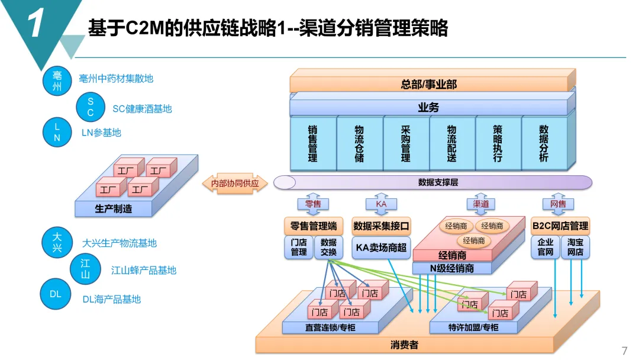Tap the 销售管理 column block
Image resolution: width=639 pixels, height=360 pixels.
pos(313,143)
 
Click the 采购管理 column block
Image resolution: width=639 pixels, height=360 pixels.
pos(406,143)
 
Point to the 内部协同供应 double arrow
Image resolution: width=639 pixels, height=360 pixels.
pos(235,184)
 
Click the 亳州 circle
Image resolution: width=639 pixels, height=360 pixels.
pos(57,81)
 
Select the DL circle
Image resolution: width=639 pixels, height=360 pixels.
pos(55,294)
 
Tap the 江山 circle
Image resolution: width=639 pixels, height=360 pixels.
pos(85,269)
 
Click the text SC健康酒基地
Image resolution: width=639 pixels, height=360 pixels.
pos(142,109)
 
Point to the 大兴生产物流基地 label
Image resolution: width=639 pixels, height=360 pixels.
pos(119,243)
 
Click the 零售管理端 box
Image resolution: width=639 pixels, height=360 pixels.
pos(314,226)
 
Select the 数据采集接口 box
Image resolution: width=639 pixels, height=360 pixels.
pos(381,226)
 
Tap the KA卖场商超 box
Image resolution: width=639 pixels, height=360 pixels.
pos(381,247)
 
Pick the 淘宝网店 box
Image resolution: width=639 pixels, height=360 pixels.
pos(575,247)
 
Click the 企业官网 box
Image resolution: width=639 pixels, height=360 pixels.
pos(545,247)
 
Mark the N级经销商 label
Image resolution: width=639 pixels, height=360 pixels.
pos(451,268)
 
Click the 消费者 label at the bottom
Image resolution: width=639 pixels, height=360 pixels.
pos(405,345)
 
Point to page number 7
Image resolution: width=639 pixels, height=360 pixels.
pos(624,351)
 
